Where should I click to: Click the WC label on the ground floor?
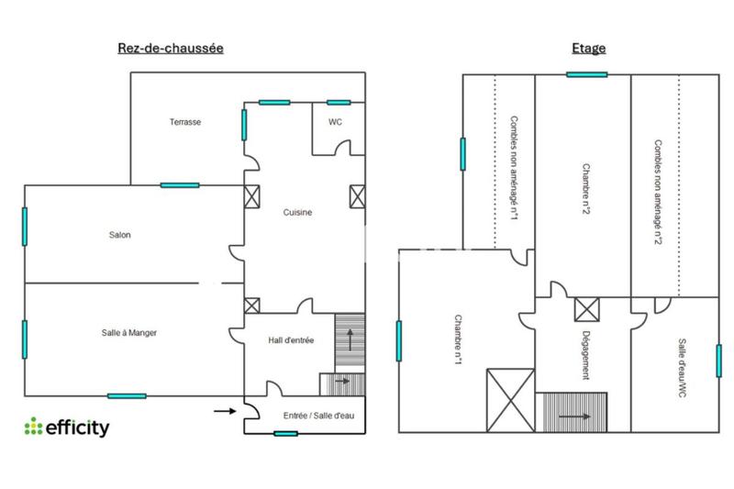335,122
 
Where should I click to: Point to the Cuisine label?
297,212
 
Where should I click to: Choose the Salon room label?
119,235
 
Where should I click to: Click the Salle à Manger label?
129,333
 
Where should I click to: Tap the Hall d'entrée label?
292,340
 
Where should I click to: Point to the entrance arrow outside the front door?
223,411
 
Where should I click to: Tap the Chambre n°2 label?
584,189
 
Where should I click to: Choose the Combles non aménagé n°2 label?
657,191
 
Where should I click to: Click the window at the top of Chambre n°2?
586,74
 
